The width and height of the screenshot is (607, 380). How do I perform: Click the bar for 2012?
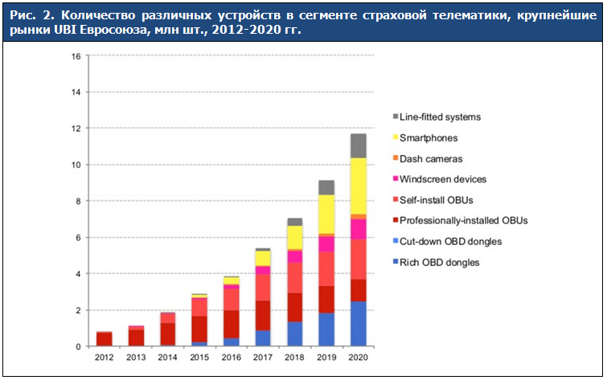(x=105, y=338)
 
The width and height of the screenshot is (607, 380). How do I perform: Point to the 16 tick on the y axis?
(x=75, y=56)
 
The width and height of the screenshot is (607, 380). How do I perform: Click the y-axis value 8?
(x=77, y=202)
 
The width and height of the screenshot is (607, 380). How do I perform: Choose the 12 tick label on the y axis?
(x=75, y=129)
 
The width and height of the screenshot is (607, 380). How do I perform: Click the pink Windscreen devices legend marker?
(x=395, y=180)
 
